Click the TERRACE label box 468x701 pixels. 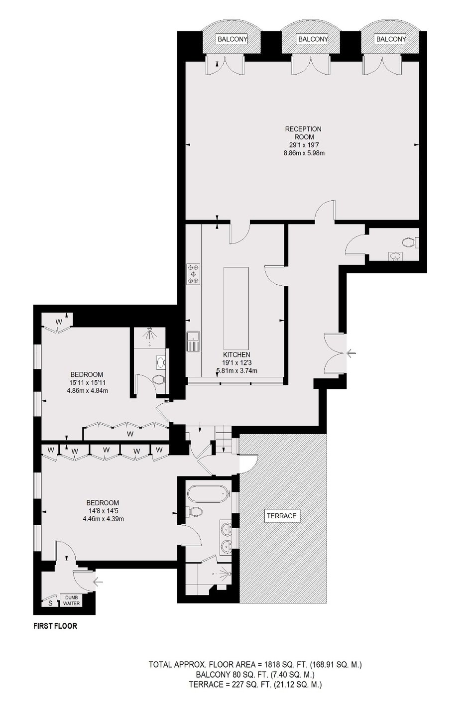(x=281, y=516)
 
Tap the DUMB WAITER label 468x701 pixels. (x=72, y=600)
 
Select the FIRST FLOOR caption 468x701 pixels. (x=55, y=626)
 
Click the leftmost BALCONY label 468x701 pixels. (x=233, y=39)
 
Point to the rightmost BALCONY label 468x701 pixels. (x=391, y=39)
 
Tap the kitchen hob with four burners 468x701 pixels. (x=194, y=274)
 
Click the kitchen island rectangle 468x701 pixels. (x=236, y=308)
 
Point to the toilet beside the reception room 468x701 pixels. (x=410, y=242)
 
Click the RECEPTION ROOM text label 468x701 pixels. (x=303, y=133)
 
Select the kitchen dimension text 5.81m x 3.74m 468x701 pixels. (x=237, y=371)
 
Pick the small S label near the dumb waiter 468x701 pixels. (x=51, y=603)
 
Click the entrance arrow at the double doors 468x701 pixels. (x=351, y=353)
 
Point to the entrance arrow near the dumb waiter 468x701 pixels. (x=98, y=582)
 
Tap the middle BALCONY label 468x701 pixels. (x=313, y=39)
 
